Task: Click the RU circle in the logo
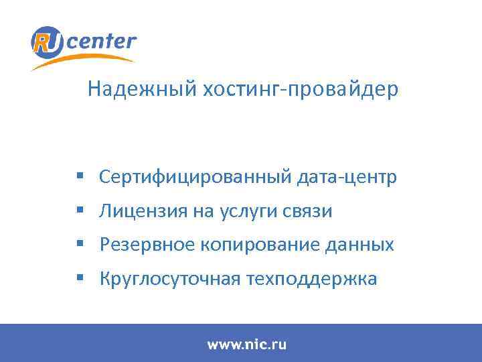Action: tap(47, 42)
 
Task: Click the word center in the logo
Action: tap(101, 42)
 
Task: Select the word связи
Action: tap(306, 211)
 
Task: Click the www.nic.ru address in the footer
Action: tap(246, 345)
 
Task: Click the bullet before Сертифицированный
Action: tap(80, 177)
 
